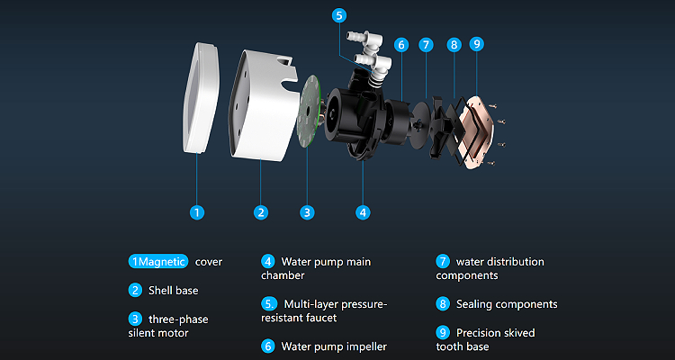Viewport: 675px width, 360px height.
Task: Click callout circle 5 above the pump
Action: [339, 15]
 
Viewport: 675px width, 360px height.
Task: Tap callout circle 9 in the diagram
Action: [476, 44]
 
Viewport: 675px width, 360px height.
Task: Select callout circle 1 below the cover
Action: [197, 212]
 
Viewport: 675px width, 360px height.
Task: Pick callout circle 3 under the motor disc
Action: [307, 212]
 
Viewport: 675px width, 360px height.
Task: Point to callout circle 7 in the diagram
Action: [426, 44]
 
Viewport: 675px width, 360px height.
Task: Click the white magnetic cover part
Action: [201, 98]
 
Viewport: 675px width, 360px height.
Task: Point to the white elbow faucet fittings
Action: [371, 56]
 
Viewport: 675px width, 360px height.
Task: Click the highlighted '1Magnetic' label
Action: [158, 261]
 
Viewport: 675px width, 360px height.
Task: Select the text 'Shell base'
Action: [174, 290]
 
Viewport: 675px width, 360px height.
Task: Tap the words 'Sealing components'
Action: [507, 304]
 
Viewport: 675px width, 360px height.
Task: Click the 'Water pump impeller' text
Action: [334, 346]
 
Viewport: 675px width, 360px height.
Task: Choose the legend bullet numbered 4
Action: [268, 261]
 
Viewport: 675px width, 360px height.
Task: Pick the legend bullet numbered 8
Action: [443, 304]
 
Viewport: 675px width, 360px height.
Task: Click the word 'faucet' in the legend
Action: [319, 319]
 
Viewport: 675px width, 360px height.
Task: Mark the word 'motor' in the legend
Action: [174, 333]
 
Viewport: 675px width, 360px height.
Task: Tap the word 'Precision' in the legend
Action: [478, 333]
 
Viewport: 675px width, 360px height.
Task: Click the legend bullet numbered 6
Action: [268, 346]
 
